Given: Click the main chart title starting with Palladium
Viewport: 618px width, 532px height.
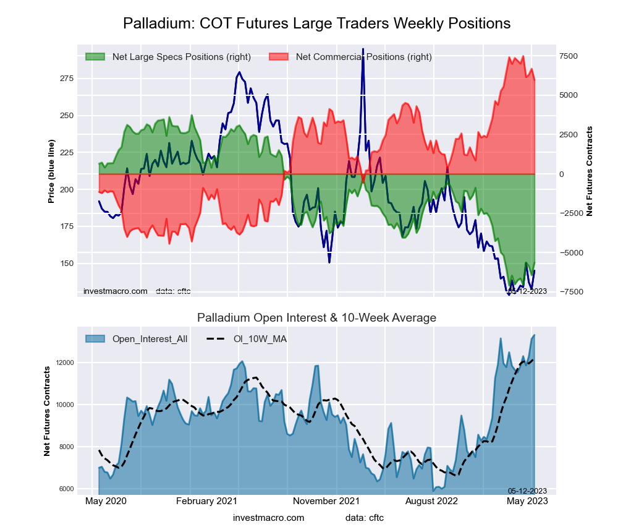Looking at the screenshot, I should point(316,24).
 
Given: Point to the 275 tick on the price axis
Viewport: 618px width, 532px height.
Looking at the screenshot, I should point(66,79).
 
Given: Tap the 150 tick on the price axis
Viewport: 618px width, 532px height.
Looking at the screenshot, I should point(66,264).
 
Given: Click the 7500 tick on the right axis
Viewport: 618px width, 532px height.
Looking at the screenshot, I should point(569,56).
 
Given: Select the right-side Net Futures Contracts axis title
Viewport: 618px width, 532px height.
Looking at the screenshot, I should point(590,171).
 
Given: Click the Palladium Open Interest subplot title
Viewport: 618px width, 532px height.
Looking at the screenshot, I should point(316,318).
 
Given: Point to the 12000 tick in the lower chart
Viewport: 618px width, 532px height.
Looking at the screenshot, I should point(65,363).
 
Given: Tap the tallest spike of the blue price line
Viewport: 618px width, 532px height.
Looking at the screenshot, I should point(363,49).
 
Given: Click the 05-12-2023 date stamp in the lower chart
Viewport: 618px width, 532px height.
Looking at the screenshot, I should point(527,491).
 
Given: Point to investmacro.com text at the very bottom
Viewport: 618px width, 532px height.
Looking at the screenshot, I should point(269,518).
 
